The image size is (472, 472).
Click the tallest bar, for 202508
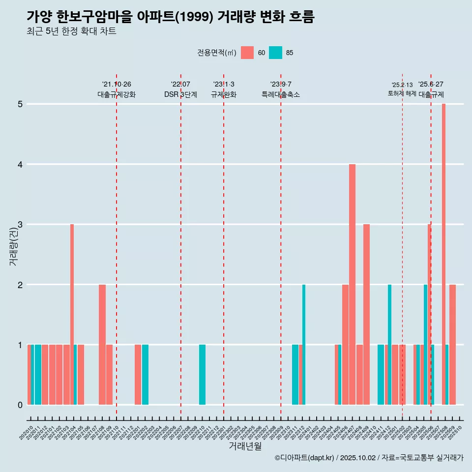(x=443, y=254)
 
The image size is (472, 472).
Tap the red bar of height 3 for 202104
(x=72, y=315)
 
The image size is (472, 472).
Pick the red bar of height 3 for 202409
(x=366, y=315)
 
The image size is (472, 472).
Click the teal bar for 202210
(x=202, y=375)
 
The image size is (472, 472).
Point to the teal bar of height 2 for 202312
(x=304, y=345)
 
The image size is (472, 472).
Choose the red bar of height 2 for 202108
(x=102, y=345)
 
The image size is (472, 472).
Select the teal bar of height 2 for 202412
(x=389, y=345)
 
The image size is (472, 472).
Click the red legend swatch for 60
(x=247, y=53)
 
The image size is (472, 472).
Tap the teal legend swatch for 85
(x=276, y=53)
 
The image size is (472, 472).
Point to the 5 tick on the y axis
(x=20, y=104)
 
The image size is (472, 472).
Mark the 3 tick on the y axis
(x=20, y=225)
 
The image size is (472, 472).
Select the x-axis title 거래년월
(x=245, y=446)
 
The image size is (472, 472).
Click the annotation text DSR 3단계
(x=180, y=94)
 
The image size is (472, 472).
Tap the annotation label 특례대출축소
(x=280, y=94)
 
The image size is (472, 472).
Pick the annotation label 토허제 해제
(x=402, y=93)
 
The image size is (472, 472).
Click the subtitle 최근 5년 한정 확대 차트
(x=71, y=31)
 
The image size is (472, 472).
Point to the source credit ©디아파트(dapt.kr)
(x=304, y=458)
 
